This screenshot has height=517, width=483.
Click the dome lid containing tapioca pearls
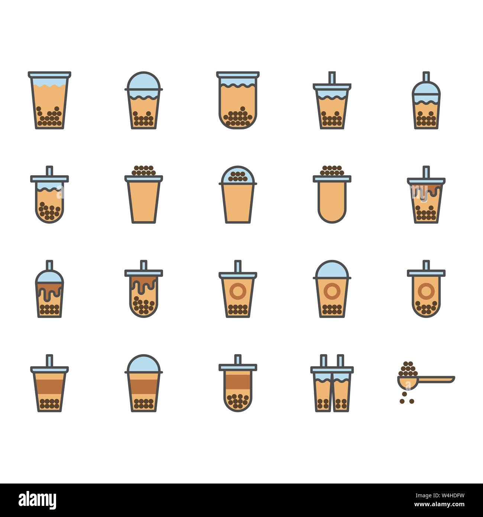(238, 175)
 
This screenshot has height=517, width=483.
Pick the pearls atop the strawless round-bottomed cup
(332, 171)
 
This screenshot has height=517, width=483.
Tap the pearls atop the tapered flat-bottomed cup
(144, 171)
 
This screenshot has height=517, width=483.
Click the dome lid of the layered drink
(144, 363)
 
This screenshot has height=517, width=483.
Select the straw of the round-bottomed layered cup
(238, 359)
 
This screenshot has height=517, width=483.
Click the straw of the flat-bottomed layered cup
(49, 360)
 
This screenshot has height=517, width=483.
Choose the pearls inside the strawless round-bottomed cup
(238, 118)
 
